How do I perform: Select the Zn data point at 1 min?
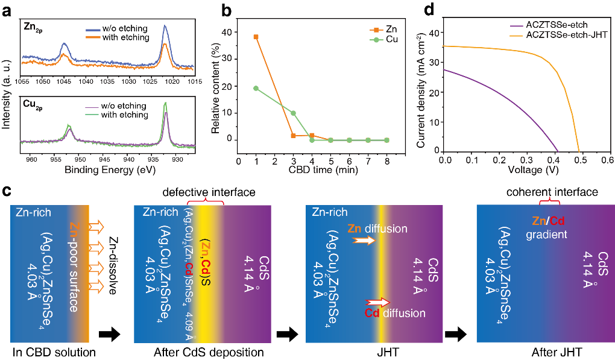tap(239, 37)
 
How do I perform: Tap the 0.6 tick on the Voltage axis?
tap(607, 161)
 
